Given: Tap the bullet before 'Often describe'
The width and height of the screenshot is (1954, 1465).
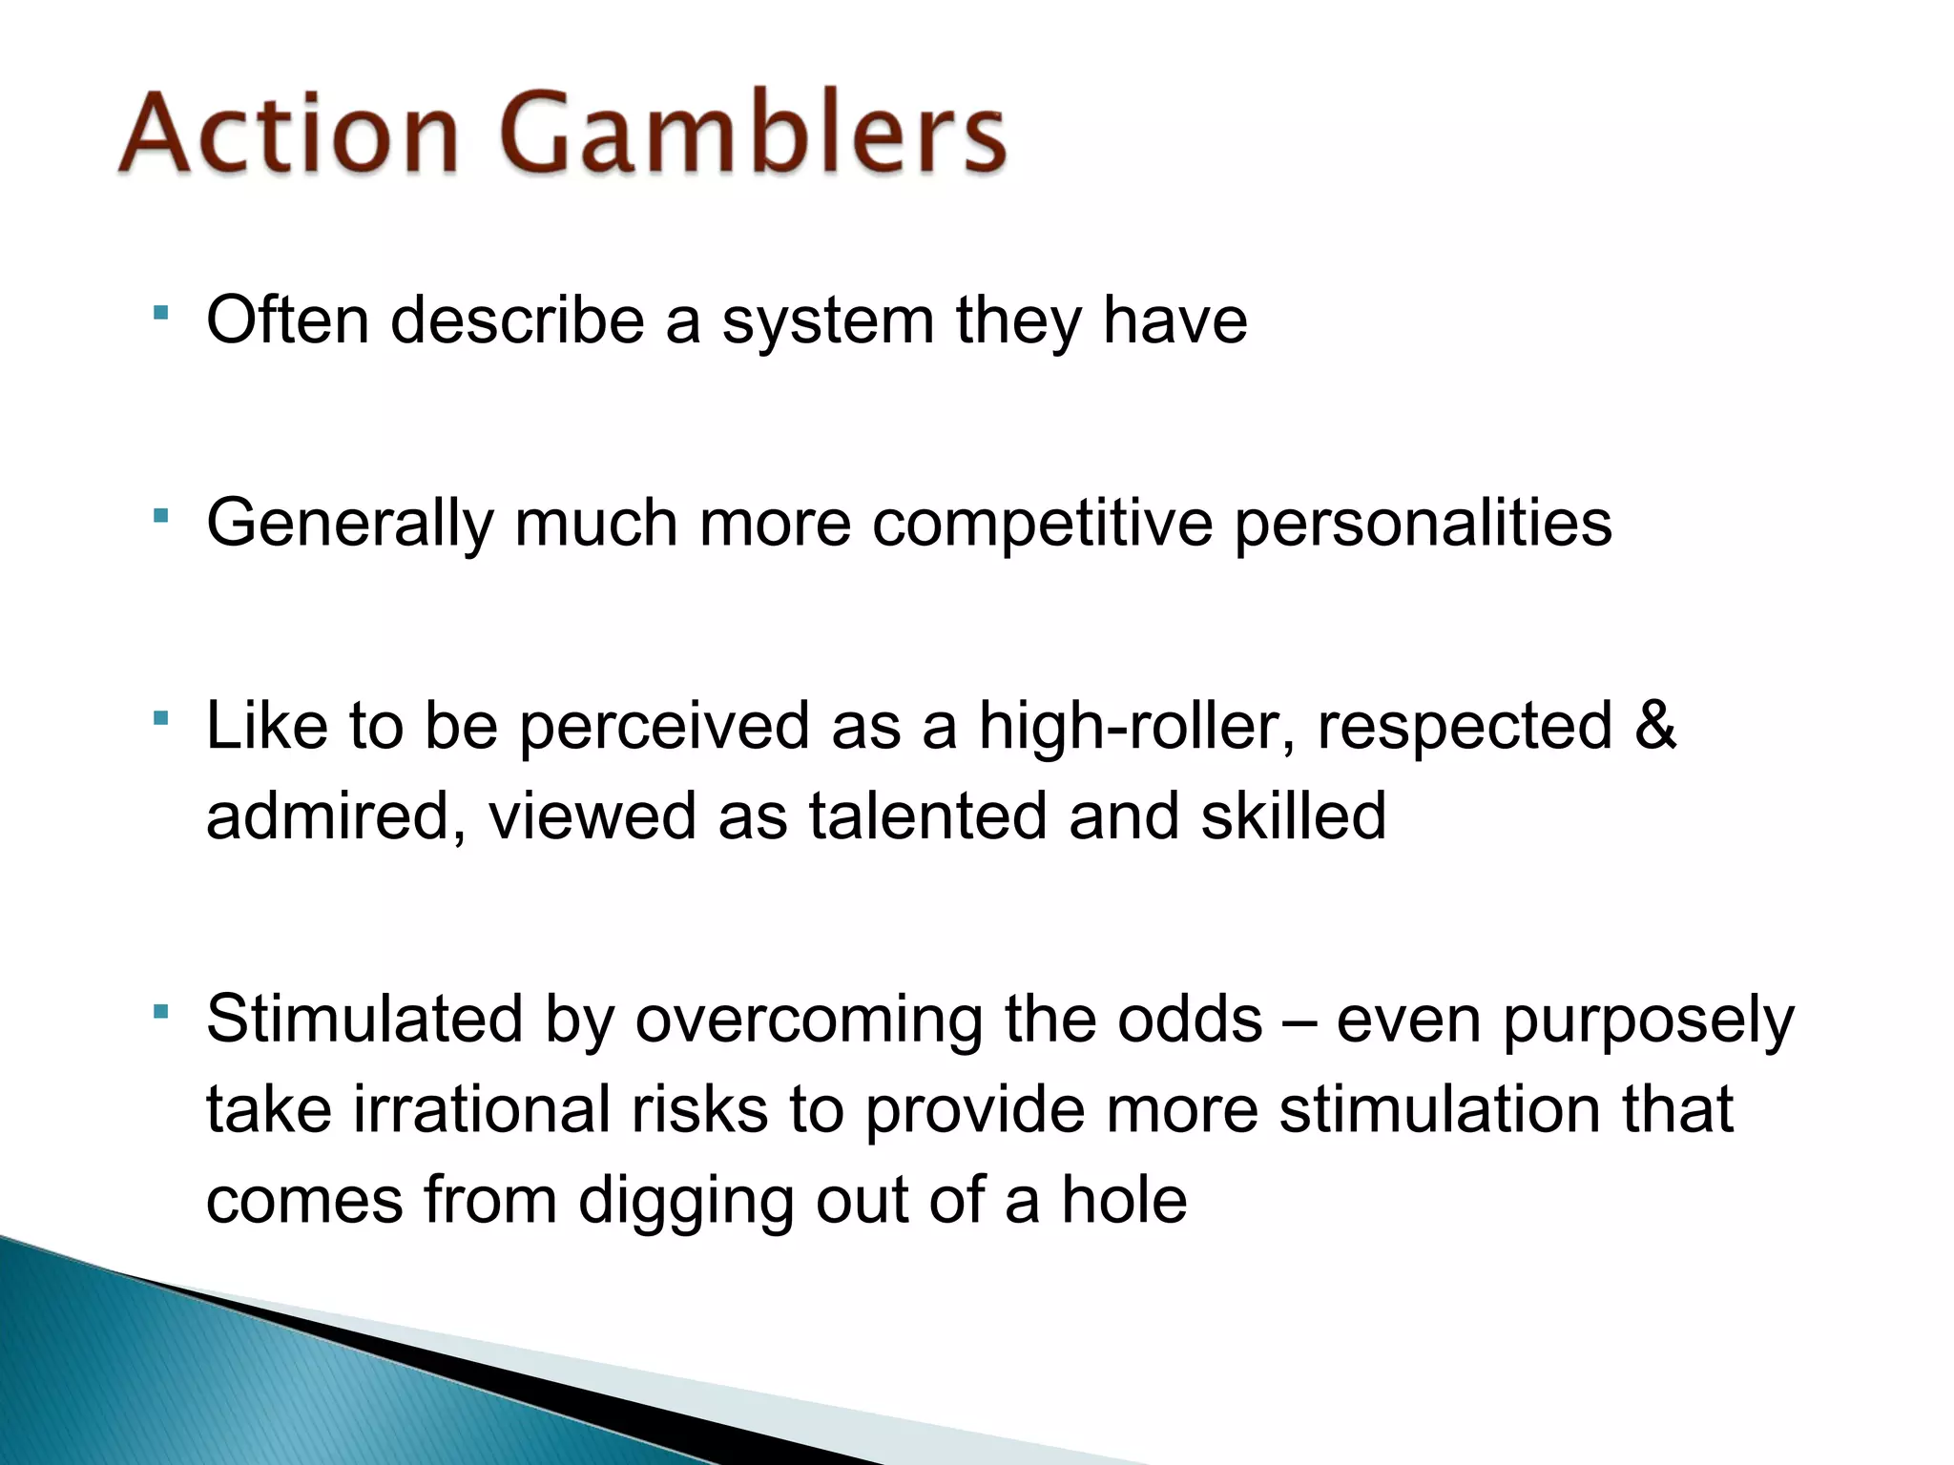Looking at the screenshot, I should click(160, 312).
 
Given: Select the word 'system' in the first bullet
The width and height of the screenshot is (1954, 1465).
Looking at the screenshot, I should click(827, 320).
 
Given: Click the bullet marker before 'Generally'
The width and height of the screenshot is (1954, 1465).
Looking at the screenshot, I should click(160, 516).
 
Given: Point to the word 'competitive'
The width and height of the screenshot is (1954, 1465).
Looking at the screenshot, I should click(1042, 525).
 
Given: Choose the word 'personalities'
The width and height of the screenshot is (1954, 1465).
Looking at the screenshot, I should click(1423, 525).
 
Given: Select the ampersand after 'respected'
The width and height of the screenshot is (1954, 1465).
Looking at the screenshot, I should click(1654, 725).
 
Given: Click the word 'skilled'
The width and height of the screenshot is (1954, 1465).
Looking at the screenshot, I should click(1293, 816).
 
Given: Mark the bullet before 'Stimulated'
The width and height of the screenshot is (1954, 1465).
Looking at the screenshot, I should click(160, 1010).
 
